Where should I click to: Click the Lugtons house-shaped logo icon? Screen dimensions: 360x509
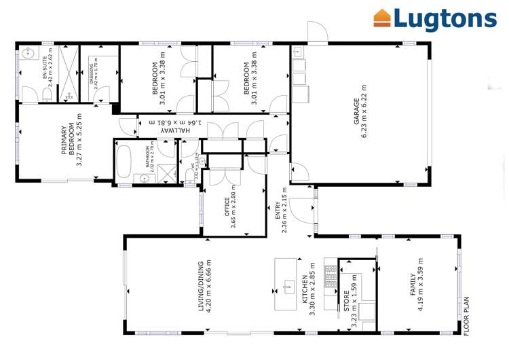[383, 18]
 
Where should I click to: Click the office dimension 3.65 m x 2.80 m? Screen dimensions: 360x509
[235, 206]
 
